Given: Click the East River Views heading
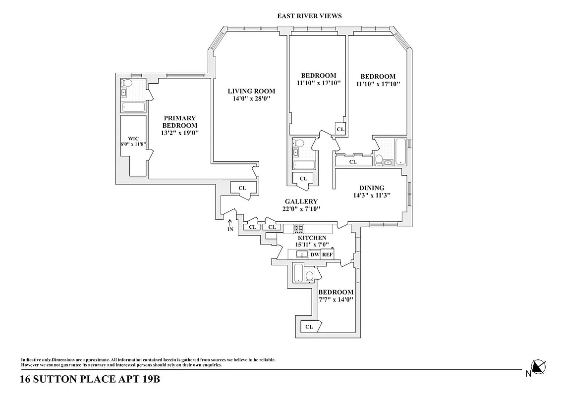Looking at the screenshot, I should click(309, 16).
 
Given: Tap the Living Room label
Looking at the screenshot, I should click(251, 95).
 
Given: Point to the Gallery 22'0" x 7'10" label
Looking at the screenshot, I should click(301, 205).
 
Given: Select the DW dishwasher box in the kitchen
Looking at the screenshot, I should click(315, 254).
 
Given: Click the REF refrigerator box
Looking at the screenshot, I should click(327, 254).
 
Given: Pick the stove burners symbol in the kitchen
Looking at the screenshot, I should click(299, 229).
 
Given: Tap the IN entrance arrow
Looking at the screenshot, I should click(230, 225).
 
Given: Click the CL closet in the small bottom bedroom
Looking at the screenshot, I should click(310, 327).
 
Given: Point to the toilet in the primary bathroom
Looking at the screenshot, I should click(126, 83).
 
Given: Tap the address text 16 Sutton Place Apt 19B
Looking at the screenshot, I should click(90, 380).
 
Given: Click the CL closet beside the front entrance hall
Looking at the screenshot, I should click(242, 188).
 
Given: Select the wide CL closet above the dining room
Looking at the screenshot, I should click(353, 161).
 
